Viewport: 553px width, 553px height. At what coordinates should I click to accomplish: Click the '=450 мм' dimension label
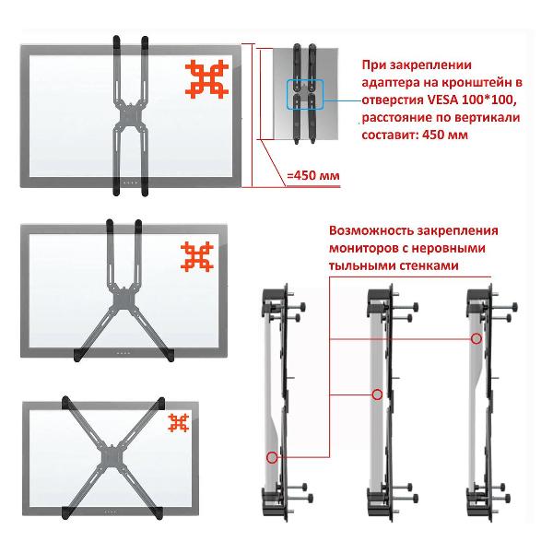pyautogui.click(x=313, y=175)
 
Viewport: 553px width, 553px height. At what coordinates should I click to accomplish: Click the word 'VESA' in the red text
pyautogui.click(x=442, y=100)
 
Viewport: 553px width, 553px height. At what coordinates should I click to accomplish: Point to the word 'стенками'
pyautogui.click(x=429, y=265)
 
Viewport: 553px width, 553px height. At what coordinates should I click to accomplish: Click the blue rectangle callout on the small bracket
pyautogui.click(x=305, y=94)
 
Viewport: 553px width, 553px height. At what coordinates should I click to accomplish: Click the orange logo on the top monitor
pyautogui.click(x=206, y=79)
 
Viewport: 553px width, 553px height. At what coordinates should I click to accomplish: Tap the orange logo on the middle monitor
pyautogui.click(x=197, y=257)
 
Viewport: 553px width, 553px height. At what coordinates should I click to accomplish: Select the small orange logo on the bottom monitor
pyautogui.click(x=179, y=422)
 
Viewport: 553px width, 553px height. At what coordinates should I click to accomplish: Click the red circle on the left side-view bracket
pyautogui.click(x=272, y=457)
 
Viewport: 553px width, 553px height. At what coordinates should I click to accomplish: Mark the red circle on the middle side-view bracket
pyautogui.click(x=377, y=394)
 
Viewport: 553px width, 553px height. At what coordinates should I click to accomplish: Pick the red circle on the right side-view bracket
pyautogui.click(x=477, y=338)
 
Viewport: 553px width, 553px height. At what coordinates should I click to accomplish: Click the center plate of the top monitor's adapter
pyautogui.click(x=130, y=116)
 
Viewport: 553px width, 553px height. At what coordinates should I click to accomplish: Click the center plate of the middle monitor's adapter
pyautogui.click(x=124, y=299)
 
